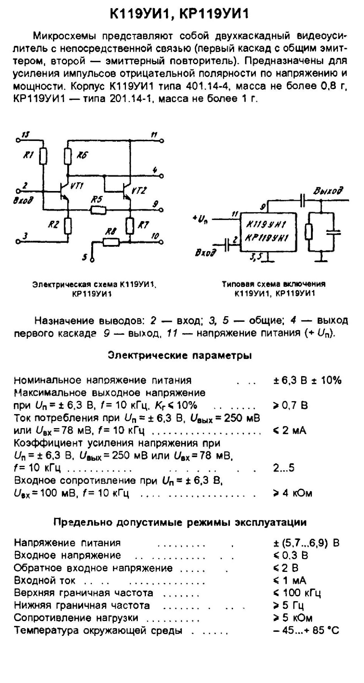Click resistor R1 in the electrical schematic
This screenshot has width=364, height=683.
coord(43,156)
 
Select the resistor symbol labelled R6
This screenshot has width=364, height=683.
coord(68,156)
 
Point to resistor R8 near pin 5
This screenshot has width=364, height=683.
coord(111,242)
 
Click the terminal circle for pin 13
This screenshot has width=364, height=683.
coord(18,140)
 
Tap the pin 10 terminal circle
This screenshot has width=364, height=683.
coord(162,242)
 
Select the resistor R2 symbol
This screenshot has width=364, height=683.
coord(68,226)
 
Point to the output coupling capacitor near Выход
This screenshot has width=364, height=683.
coord(302,201)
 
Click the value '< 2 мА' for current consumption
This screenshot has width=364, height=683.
coord(289,430)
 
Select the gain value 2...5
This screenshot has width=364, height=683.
coord(284,468)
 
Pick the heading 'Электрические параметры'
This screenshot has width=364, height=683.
coord(180,356)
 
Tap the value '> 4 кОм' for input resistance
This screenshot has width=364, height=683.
coord(292,493)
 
